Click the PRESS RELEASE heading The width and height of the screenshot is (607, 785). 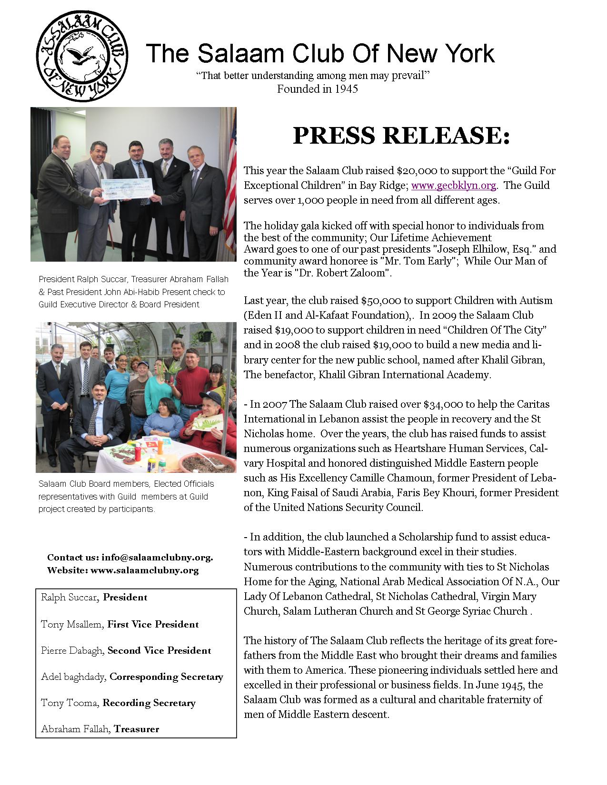(x=401, y=136)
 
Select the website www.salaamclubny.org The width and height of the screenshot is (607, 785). (x=145, y=570)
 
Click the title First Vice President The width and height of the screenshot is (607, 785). (x=153, y=624)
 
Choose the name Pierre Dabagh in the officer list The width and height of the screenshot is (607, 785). (x=72, y=650)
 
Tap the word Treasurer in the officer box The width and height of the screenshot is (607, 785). (x=137, y=729)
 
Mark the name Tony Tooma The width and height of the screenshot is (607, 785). (x=70, y=703)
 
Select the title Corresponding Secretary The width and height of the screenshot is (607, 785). (x=166, y=677)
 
